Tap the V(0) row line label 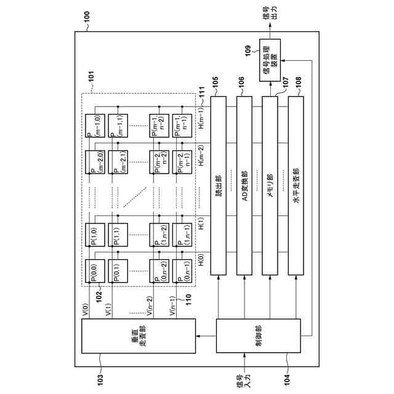(86, 310)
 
